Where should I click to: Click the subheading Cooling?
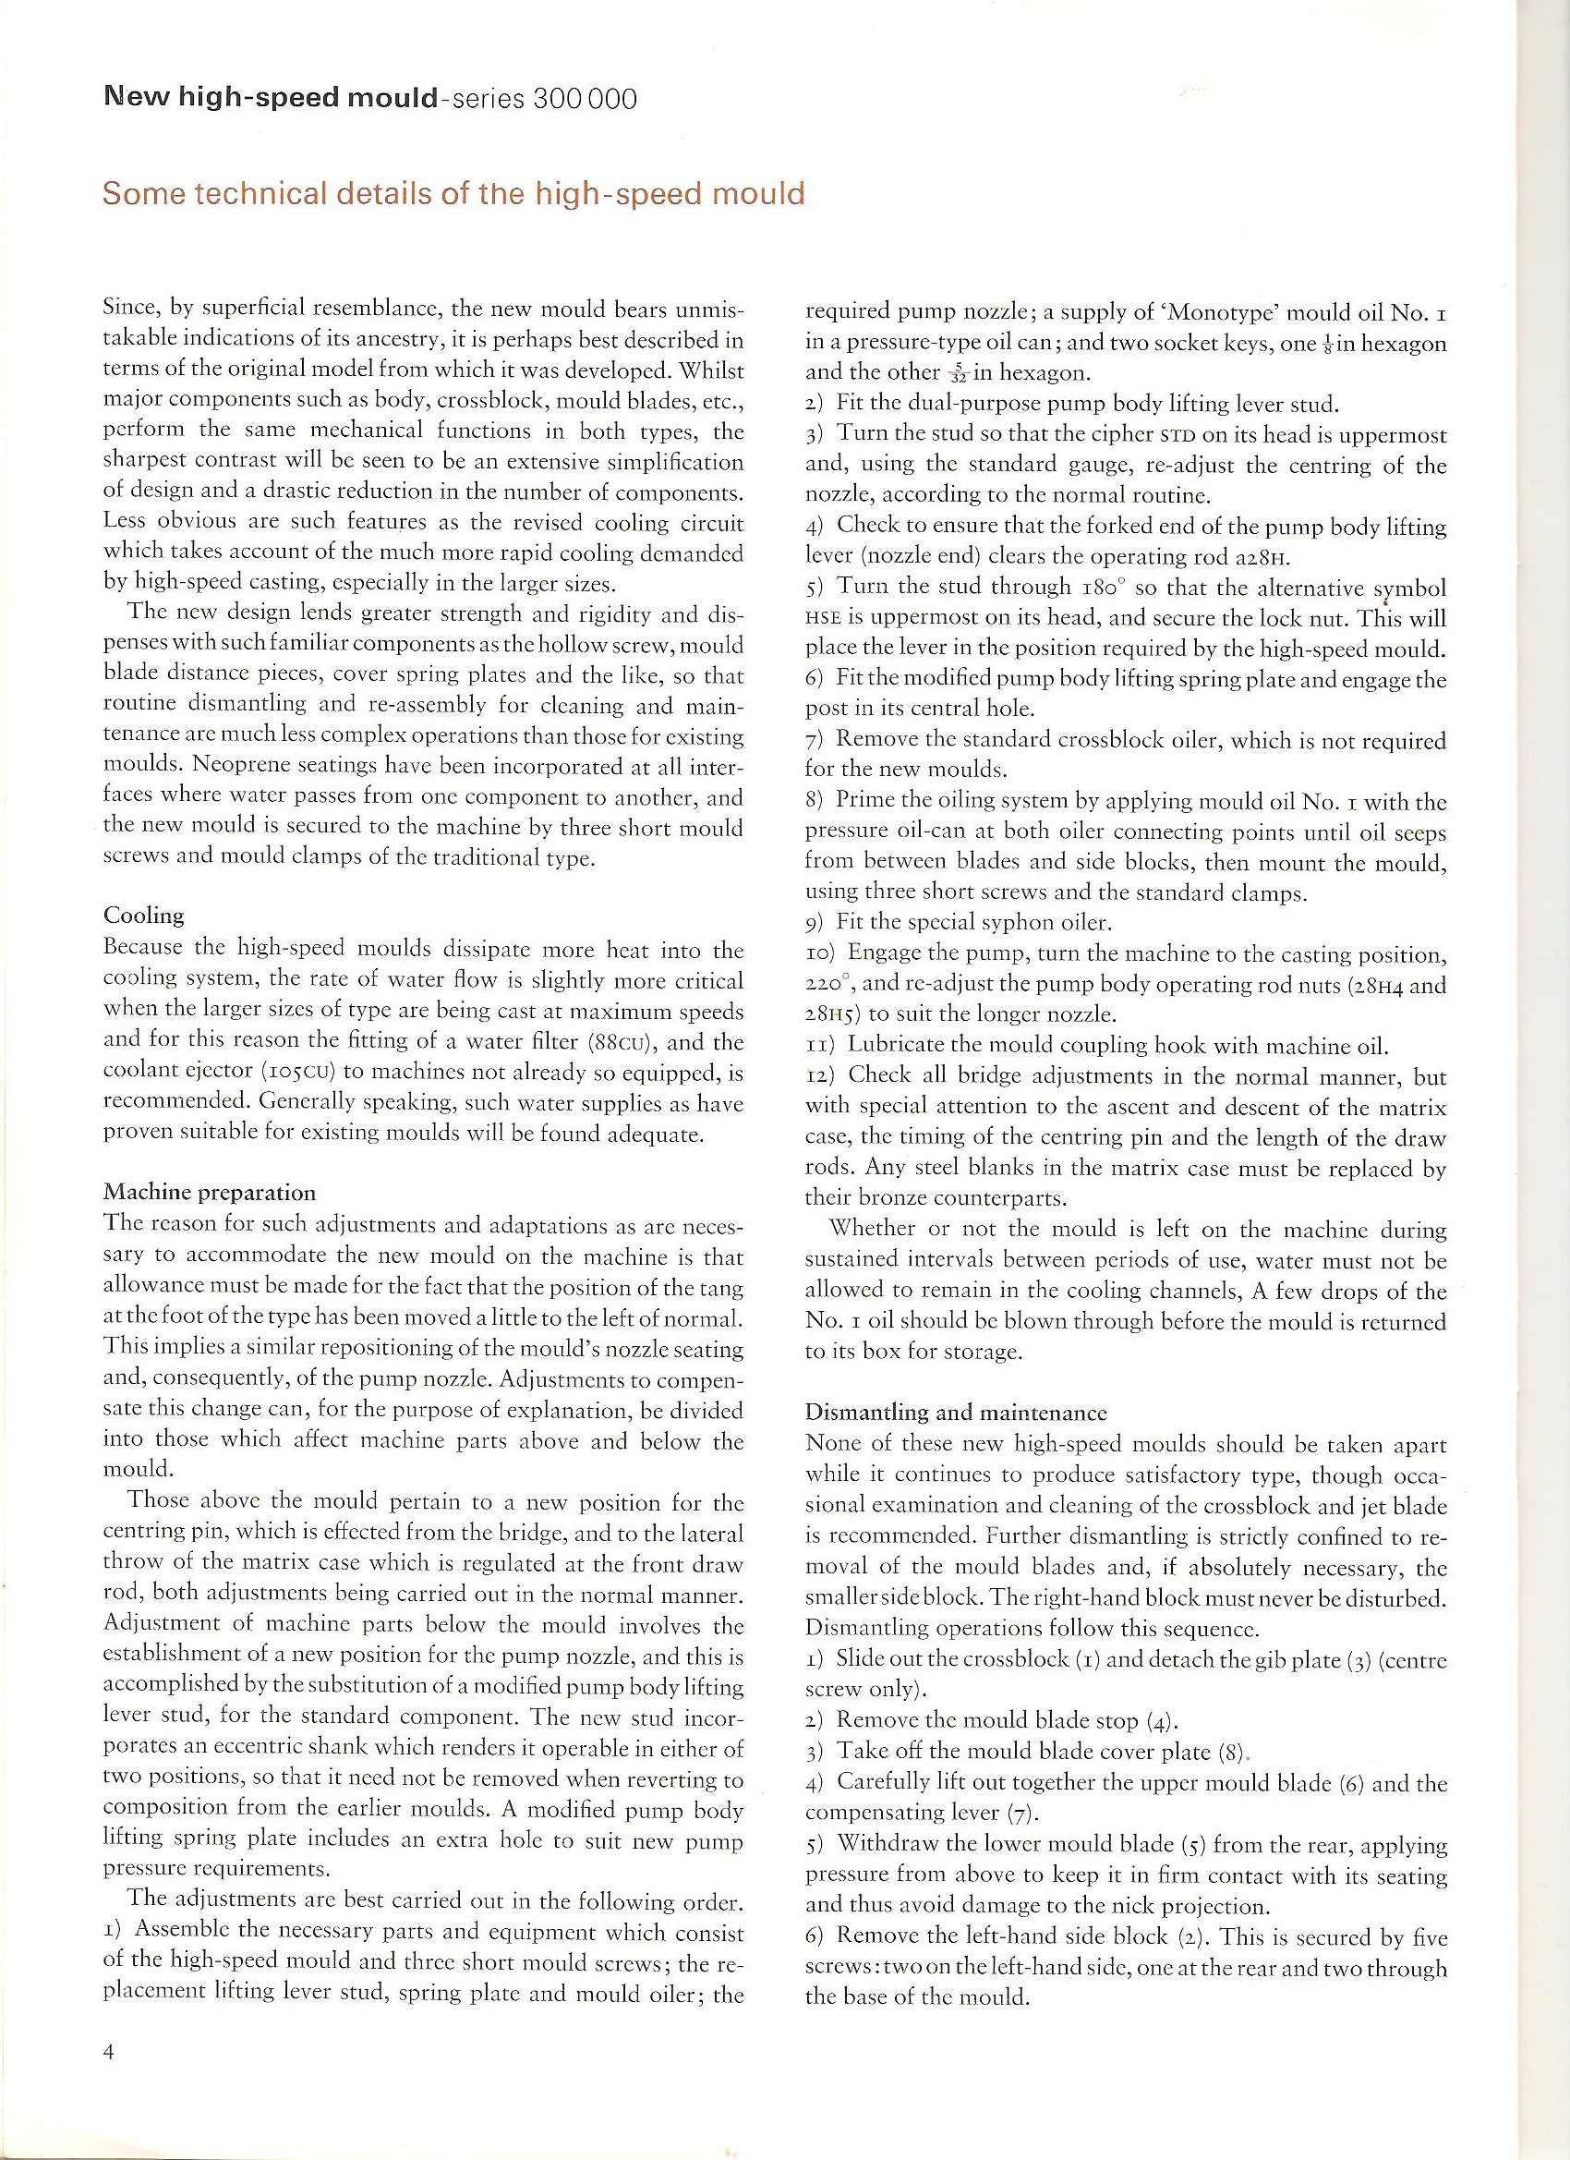[143, 916]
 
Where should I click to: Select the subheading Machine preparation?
[210, 1193]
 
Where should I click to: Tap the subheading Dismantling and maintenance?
[956, 1412]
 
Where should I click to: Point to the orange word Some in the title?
[143, 194]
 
